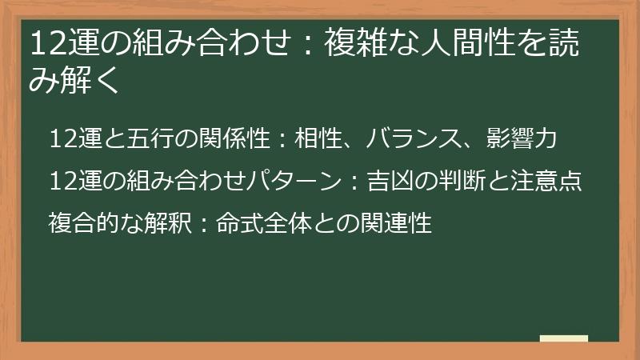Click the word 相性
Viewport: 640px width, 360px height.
coord(314,139)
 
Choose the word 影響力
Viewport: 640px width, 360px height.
coord(521,139)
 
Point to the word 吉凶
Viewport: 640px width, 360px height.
coord(386,181)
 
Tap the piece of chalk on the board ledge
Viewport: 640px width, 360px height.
coord(564,339)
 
